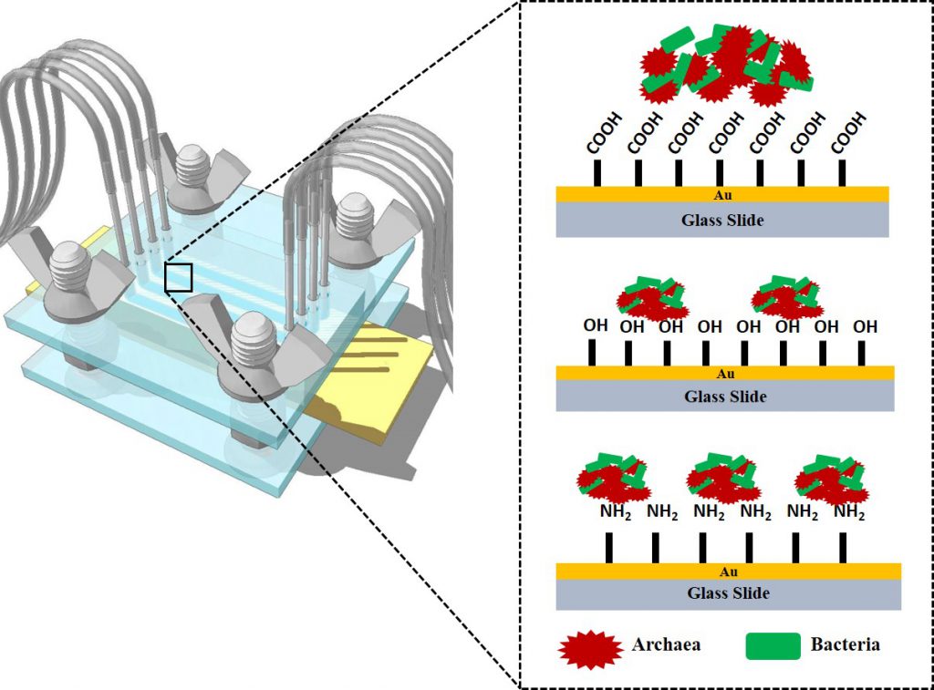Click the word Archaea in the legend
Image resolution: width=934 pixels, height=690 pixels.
(666, 644)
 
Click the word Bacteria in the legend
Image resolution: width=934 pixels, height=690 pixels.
(845, 644)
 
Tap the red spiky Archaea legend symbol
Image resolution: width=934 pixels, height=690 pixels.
(592, 647)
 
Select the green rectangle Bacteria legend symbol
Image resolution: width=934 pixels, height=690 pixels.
(773, 646)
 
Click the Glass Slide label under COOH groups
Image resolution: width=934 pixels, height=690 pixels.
(721, 219)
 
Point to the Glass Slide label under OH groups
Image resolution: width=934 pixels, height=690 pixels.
(725, 396)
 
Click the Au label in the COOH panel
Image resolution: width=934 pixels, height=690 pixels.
(721, 193)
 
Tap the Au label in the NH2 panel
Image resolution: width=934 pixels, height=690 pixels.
(728, 572)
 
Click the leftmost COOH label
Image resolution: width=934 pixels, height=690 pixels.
(599, 133)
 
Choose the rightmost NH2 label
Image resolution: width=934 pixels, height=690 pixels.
(849, 512)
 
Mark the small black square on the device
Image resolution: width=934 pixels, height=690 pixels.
(179, 278)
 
